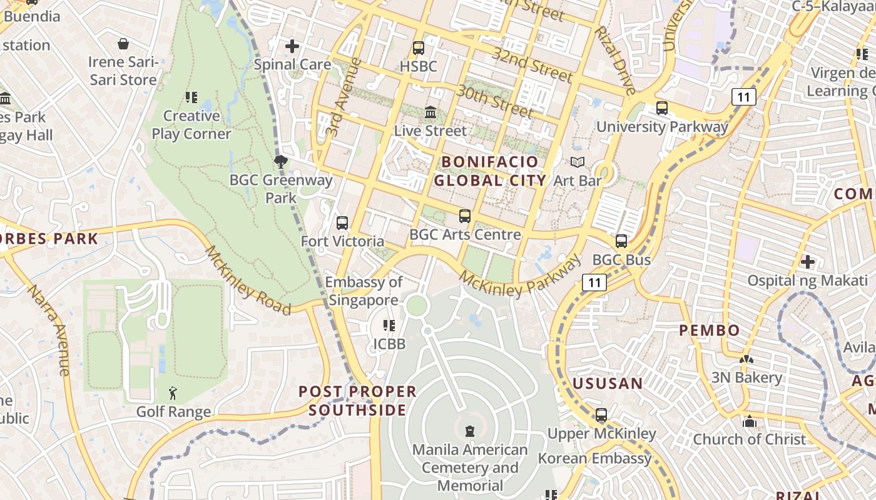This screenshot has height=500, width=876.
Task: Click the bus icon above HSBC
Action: point(419,47)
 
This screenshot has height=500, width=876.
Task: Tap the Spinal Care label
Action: point(293,64)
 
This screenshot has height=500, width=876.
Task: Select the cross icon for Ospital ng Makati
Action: point(808,261)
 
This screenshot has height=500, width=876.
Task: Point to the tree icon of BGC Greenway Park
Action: point(281,162)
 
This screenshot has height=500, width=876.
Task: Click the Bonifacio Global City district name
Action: point(490,171)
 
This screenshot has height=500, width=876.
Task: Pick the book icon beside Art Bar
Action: point(578,162)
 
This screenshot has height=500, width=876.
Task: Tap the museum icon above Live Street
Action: point(430,112)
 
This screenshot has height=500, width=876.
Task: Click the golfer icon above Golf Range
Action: point(173,393)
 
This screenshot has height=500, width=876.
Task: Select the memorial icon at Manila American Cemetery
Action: point(470,431)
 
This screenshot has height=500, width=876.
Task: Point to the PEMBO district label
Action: point(710,330)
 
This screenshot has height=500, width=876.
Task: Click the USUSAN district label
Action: point(608,383)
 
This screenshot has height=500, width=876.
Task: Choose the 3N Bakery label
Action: point(746,377)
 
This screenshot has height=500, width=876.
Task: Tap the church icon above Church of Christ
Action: point(750,421)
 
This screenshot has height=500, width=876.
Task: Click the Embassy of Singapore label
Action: point(364,291)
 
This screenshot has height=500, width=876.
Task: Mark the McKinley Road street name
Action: point(248,281)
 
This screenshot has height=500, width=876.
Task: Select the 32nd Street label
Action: point(532,64)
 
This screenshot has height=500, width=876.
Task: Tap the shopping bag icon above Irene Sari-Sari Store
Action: point(123,44)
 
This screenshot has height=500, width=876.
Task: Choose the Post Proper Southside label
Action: point(357,401)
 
